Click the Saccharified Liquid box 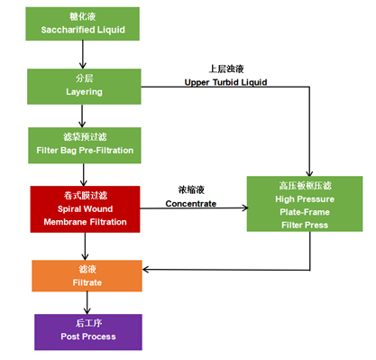[86, 24]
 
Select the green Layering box [86, 85]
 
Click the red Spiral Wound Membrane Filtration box [86, 208]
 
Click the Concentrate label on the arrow [191, 203]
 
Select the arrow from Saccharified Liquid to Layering [84, 55]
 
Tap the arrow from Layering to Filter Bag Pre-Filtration [84, 115]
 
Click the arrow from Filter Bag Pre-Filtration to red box [84, 176]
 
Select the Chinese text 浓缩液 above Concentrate [191, 190]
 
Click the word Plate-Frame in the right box [303, 211]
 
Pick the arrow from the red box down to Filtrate [84, 245]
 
